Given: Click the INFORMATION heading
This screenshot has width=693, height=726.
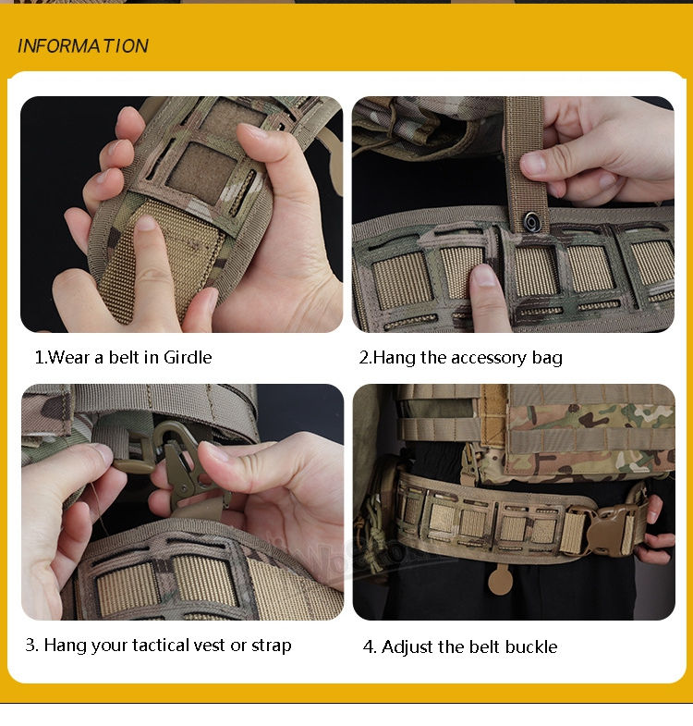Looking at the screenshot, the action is (x=83, y=46).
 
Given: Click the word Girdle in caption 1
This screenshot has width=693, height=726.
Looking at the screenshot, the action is (x=188, y=357).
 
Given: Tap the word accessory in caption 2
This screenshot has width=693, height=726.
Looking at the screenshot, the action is (x=489, y=358).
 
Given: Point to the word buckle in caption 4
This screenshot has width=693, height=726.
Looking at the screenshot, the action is (x=531, y=646).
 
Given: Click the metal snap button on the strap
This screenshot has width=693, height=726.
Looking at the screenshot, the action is (x=531, y=221).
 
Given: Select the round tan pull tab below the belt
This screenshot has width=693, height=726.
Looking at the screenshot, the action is (x=501, y=581).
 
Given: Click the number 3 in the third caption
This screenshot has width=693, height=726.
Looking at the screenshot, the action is (x=31, y=645).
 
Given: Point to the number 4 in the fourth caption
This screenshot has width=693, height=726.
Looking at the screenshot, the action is (x=370, y=646).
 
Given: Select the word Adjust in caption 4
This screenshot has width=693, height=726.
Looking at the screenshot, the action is (x=407, y=646).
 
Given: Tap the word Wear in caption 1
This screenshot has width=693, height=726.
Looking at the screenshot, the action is (x=68, y=357).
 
